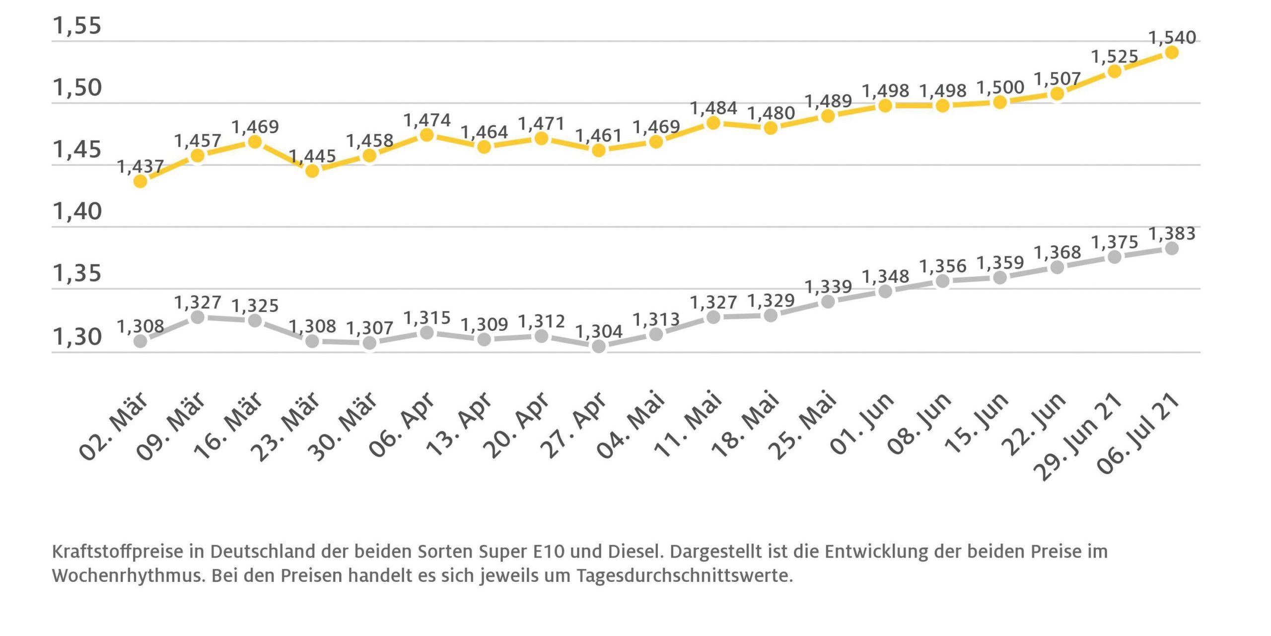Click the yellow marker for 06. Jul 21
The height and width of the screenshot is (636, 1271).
pos(1171,52)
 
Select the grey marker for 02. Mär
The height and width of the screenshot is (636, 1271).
pos(141,341)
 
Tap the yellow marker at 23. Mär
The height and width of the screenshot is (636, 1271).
pos(312,171)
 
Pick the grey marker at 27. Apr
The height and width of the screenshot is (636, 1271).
pos(599,346)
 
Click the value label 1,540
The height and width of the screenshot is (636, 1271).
pos(1172,37)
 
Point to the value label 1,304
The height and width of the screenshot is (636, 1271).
pos(599,331)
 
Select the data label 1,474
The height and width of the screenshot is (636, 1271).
pos(427,120)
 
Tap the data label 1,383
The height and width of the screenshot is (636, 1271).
pos(1172,234)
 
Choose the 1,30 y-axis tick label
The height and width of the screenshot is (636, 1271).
pos(77,337)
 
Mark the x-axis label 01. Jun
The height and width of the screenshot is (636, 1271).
pos(862,424)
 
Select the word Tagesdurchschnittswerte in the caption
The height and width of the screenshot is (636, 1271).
pos(684,576)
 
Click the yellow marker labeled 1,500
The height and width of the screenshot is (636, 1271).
pos(1000,102)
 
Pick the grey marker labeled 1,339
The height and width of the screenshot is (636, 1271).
pos(828,302)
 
